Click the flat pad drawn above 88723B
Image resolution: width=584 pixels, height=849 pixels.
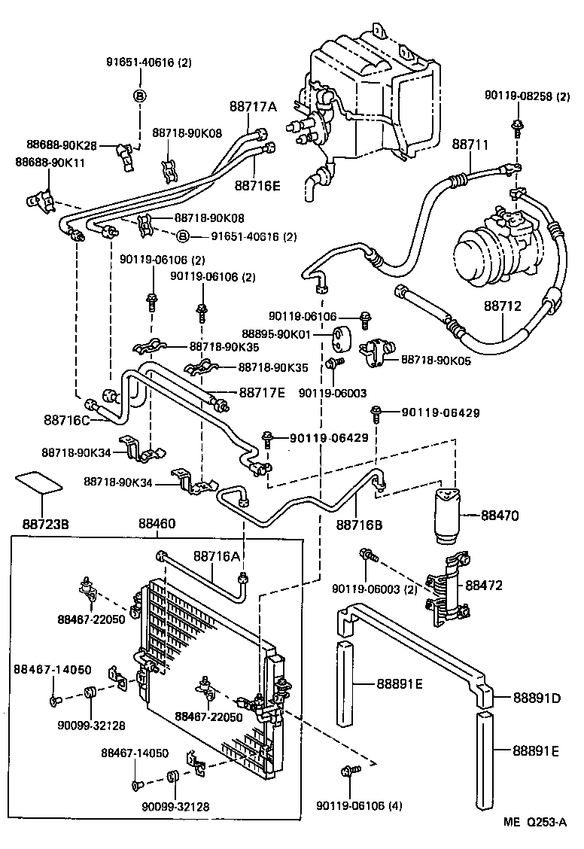[x=38, y=482]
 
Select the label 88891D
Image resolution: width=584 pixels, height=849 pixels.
[x=537, y=698]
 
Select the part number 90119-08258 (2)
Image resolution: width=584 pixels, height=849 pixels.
[x=528, y=96]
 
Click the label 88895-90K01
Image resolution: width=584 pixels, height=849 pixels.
[x=295, y=333]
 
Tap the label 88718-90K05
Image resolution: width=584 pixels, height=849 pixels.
[x=436, y=361]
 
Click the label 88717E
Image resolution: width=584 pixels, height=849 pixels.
[x=263, y=392]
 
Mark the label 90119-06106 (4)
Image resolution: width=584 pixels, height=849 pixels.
[x=359, y=806]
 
